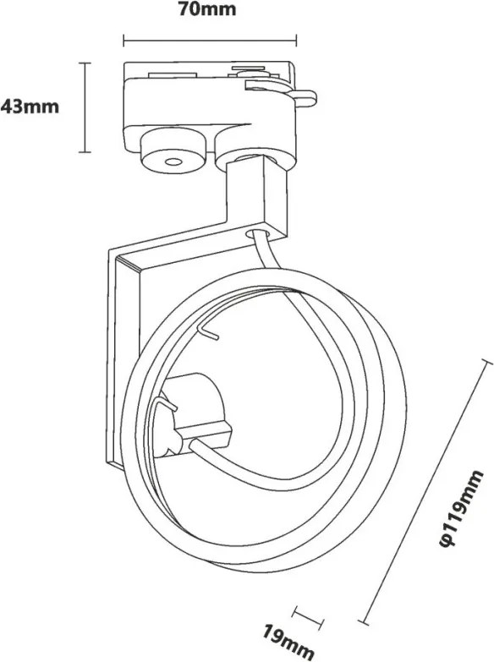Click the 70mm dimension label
point(206,8)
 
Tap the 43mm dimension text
point(30,107)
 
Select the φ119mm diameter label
point(462,509)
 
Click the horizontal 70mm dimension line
point(210,41)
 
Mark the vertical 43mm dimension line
point(85,107)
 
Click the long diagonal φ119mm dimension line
point(425,490)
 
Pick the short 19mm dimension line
point(308,617)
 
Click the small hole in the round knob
point(173,161)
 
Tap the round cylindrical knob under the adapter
point(173,151)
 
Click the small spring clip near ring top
point(207,331)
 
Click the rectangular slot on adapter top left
point(173,75)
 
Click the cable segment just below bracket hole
point(266,252)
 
